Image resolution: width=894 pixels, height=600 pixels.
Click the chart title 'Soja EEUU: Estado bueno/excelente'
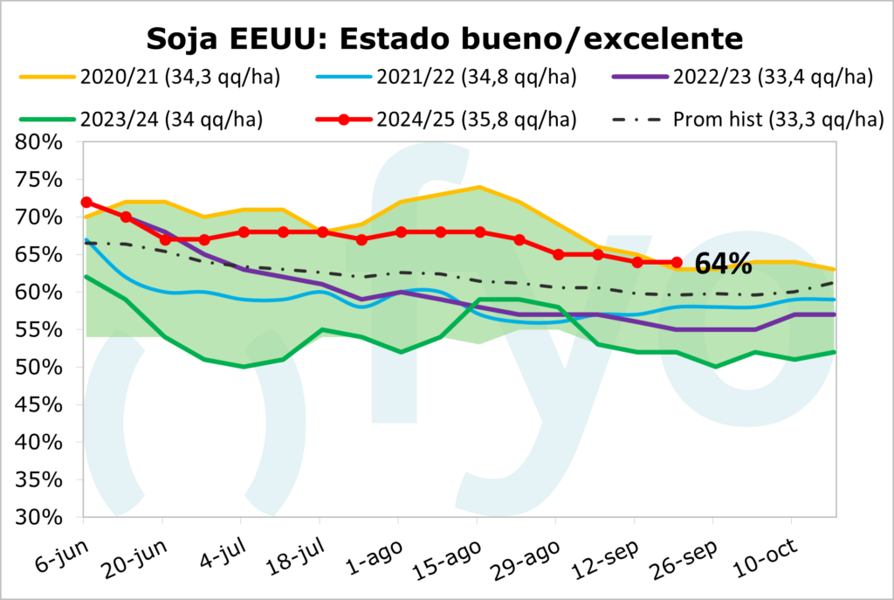[x=445, y=38]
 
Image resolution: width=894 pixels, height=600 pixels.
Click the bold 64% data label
[x=724, y=264]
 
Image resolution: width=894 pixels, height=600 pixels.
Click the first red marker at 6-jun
[x=86, y=202]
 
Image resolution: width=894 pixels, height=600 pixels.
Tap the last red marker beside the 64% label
[x=677, y=262]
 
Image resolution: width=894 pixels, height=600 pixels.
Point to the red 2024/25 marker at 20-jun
[x=164, y=239]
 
